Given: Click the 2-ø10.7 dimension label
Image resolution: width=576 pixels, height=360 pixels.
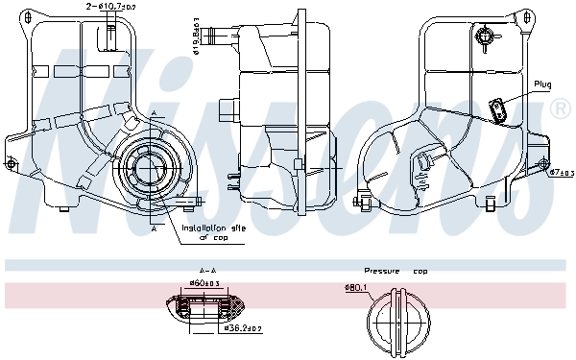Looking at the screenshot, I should (x=110, y=7).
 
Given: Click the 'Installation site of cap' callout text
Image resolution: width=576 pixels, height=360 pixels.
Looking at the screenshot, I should (x=213, y=233).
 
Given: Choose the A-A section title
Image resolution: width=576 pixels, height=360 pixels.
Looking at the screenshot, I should (x=206, y=272).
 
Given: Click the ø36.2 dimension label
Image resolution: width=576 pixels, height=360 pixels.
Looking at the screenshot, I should (x=240, y=328).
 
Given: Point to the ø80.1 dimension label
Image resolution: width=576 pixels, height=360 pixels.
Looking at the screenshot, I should (x=356, y=287).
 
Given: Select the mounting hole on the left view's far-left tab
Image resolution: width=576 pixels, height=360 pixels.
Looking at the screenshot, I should (x=12, y=164).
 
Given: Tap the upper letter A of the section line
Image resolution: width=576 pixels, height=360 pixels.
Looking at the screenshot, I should (x=154, y=114).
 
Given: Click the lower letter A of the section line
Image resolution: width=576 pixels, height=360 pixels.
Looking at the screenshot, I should (x=154, y=231).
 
